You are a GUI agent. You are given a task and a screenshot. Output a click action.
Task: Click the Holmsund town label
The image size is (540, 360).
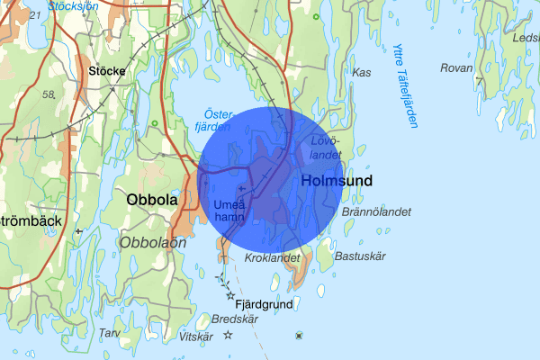tap(338, 181)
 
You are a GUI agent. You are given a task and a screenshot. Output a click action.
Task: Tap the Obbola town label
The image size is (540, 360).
tap(152, 199)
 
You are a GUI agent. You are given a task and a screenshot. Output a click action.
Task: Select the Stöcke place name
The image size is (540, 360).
tap(106, 69)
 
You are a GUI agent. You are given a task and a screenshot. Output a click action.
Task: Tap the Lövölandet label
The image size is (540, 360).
tap(325, 148)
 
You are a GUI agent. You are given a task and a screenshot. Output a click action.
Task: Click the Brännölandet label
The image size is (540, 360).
tap(376, 212)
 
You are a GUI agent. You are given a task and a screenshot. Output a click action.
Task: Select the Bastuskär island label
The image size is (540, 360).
tap(359, 256)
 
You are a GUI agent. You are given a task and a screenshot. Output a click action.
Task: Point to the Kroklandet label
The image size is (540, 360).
tap(271, 257)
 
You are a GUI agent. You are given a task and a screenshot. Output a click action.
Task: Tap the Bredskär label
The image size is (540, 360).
tap(235, 319)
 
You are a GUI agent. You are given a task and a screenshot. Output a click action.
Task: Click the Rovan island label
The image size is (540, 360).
tap(456, 68)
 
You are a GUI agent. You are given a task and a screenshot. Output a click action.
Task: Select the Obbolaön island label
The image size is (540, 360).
tap(153, 242)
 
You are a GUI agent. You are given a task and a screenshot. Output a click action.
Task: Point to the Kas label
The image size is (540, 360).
tap(363, 72)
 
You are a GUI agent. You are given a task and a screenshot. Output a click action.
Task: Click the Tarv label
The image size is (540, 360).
tap(109, 333)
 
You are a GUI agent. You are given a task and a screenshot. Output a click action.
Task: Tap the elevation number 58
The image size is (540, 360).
tap(49, 94)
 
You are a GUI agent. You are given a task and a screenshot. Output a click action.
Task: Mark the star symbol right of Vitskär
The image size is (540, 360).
tap(228, 335)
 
